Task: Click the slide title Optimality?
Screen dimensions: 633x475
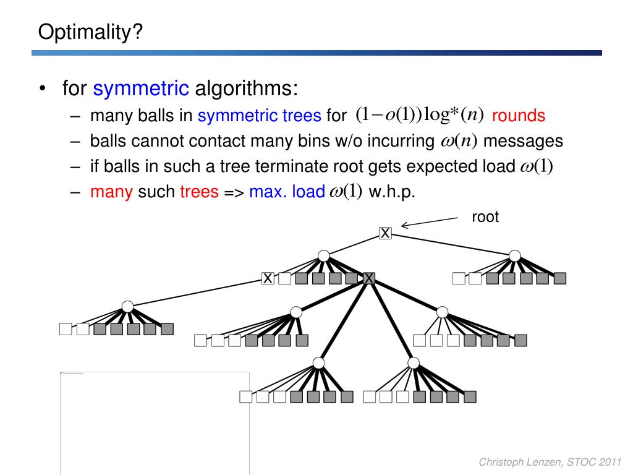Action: [x=90, y=31]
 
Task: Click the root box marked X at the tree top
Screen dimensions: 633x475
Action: [x=385, y=233]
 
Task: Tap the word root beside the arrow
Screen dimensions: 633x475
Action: [x=485, y=217]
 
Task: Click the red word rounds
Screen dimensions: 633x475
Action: [x=519, y=116]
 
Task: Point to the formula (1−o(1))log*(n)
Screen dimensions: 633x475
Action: [x=420, y=115]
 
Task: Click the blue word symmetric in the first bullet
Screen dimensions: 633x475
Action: [x=141, y=89]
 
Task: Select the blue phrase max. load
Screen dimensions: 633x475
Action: [x=287, y=192]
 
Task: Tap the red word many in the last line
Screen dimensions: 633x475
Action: [x=111, y=192]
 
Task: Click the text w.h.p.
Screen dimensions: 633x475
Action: [x=392, y=192]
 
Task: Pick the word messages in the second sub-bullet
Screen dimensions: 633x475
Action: [x=523, y=141]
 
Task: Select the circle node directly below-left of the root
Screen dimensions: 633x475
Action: [x=323, y=255]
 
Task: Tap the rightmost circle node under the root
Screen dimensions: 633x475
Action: [x=514, y=255]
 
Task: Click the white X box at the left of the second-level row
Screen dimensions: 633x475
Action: [x=268, y=278]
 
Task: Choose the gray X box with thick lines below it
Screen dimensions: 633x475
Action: [x=369, y=278]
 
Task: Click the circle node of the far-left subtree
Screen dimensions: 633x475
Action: [x=127, y=306]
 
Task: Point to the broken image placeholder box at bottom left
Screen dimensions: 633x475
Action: [x=155, y=423]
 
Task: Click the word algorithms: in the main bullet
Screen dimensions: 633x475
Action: [x=247, y=89]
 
